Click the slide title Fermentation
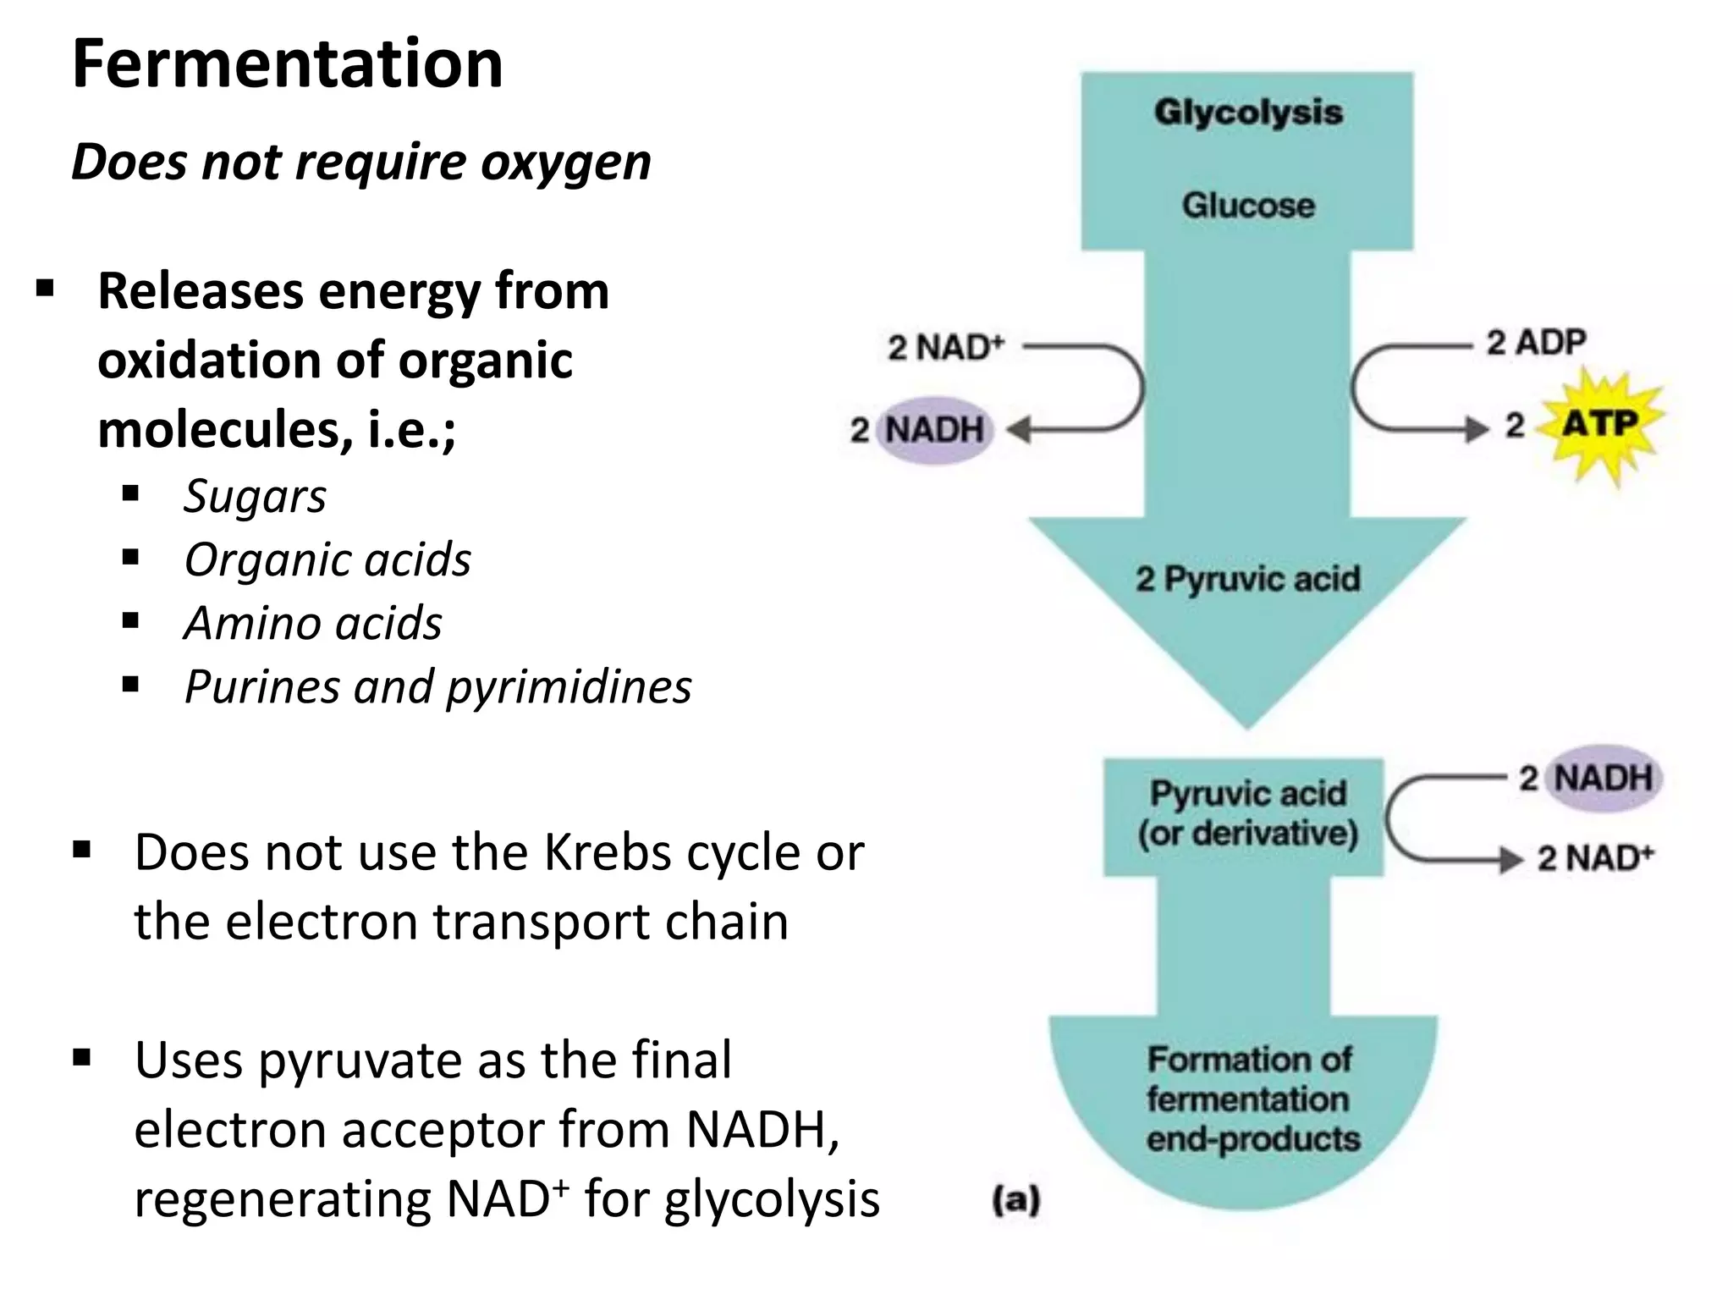288,64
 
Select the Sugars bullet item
255,496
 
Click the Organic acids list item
327,560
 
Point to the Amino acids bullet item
312,624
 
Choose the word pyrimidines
569,687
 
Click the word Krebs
607,852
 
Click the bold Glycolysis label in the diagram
1248,113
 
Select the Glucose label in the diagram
1248,206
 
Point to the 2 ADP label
1536,343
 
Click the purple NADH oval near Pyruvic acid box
1603,778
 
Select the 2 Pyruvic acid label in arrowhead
1247,580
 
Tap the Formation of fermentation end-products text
1251,1099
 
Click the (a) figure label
1015,1200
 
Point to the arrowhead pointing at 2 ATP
1477,429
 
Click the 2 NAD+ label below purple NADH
1594,858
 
